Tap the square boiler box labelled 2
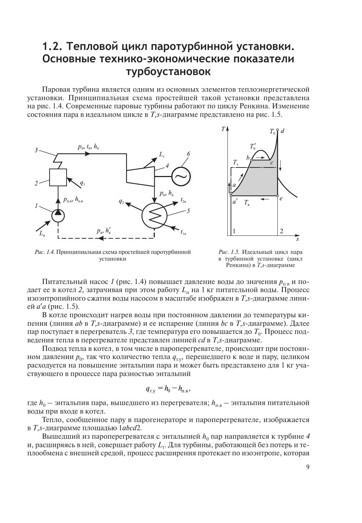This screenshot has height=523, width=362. tap(58, 177)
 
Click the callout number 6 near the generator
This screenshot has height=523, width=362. tap(188, 154)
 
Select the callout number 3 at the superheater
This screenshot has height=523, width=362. tap(36, 150)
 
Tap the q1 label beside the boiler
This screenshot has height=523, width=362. tap(82, 183)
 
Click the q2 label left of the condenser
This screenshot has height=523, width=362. tap(121, 201)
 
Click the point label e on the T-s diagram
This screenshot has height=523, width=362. tap(281, 198)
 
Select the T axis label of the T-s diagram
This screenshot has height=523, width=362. tap(223, 129)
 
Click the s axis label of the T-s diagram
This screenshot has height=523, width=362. tap(297, 240)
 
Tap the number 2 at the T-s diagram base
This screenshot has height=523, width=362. tap(281, 231)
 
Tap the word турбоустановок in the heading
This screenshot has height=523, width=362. tap(168, 72)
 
